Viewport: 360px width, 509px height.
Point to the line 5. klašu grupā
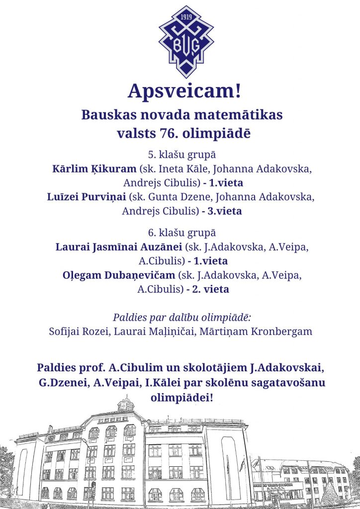coord(180,155)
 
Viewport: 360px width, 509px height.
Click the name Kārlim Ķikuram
coord(94,168)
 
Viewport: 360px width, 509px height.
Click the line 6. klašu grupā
coord(180,232)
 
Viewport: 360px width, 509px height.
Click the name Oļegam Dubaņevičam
coord(119,275)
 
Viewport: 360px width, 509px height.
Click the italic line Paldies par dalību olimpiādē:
coord(180,317)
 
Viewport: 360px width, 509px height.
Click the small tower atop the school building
coord(126,404)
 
